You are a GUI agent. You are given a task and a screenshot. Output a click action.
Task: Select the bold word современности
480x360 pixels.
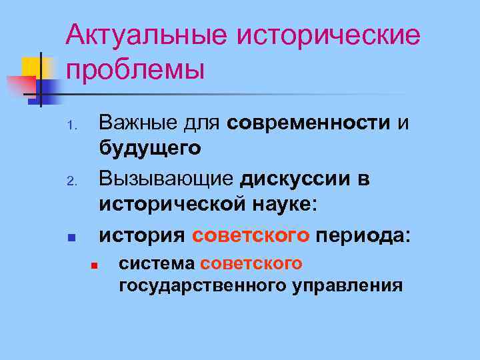308,123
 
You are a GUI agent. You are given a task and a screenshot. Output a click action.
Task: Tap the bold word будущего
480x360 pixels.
150,147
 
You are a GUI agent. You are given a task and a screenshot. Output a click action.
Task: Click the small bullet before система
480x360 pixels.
95,266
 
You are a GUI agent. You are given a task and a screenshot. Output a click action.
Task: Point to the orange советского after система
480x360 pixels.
251,264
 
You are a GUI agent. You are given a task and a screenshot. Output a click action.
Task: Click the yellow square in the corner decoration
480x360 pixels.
33,67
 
